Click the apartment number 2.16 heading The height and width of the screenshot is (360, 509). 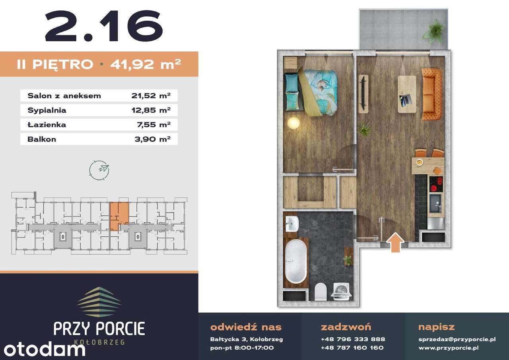pos(104,26)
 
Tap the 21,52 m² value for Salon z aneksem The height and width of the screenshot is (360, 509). pos(151,96)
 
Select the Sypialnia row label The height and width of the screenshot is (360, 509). pos(47,110)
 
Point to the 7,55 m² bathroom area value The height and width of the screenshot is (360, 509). pos(153,125)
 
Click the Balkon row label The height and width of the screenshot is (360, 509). pos(42,139)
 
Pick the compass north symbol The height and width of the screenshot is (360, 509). pos(99,171)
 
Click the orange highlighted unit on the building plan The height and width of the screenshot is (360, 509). pos(119,216)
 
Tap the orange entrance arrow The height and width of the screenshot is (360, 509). pos(395,243)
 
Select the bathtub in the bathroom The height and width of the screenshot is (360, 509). pos(295,261)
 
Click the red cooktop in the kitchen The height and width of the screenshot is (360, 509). pos(436,184)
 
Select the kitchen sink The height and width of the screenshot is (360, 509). pos(435,203)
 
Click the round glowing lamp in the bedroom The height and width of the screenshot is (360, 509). pos(293,123)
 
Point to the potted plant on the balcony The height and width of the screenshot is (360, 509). pos(433,32)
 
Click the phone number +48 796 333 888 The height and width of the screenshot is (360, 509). pos(353,339)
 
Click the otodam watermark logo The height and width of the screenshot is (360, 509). pos(45,349)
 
